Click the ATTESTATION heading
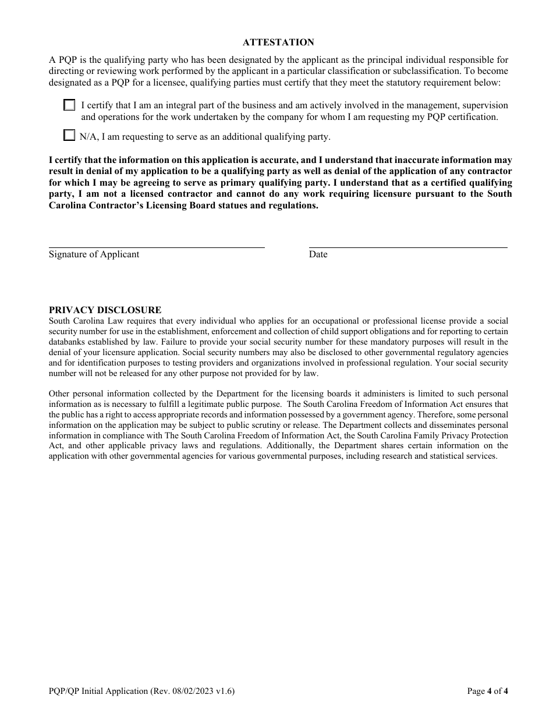pyautogui.click(x=278, y=42)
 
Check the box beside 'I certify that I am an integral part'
pyautogui.click(x=70, y=105)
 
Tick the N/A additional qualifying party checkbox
pyautogui.click(x=70, y=136)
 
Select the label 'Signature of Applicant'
pyautogui.click(x=94, y=254)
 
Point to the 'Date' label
pyautogui.click(x=318, y=254)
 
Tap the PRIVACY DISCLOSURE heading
pyautogui.click(x=105, y=310)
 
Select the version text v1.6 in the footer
pyautogui.click(x=224, y=692)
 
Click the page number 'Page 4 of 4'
pyautogui.click(x=488, y=692)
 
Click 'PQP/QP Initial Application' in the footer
pyautogui.click(x=98, y=692)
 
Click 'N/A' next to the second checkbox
pyautogui.click(x=88, y=137)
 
